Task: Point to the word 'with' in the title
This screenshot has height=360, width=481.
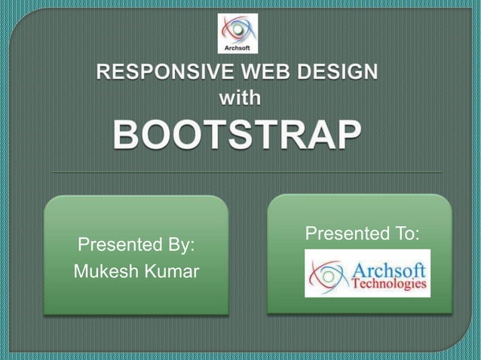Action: point(240,98)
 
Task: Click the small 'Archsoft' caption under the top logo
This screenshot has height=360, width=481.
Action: point(237,48)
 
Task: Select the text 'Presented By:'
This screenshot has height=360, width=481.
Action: point(136,245)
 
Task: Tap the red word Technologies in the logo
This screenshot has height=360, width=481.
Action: point(389,285)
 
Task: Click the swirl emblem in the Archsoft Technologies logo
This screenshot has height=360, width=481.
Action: point(326,273)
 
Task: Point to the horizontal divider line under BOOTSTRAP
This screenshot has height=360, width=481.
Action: point(240,172)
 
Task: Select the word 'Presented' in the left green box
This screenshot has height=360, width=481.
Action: point(114,245)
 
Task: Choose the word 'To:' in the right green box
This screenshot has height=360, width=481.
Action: point(405,234)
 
